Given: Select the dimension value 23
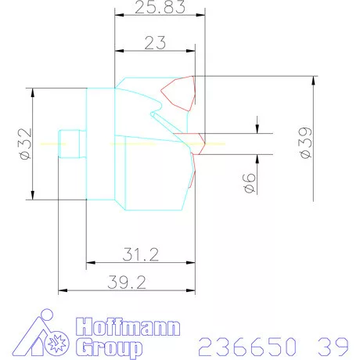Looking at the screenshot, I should [x=155, y=43].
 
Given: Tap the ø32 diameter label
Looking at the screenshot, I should [x=24, y=144].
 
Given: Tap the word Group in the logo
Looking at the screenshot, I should [x=109, y=346].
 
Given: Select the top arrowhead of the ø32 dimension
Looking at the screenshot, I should [x=33, y=92].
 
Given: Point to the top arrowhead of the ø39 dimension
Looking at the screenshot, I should [x=315, y=79].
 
